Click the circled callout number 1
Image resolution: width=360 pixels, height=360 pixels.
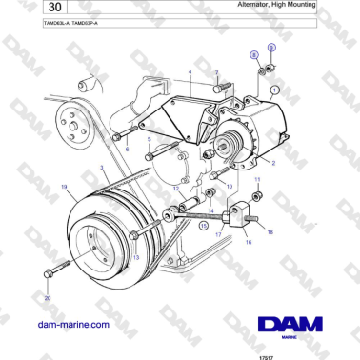275,92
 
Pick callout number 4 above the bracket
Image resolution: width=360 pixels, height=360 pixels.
190,72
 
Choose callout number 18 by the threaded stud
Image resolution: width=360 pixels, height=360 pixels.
270,231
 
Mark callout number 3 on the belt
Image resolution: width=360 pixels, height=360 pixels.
103,168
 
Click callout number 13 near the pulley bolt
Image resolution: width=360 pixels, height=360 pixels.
136,257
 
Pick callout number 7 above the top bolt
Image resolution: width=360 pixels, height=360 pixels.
216,72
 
